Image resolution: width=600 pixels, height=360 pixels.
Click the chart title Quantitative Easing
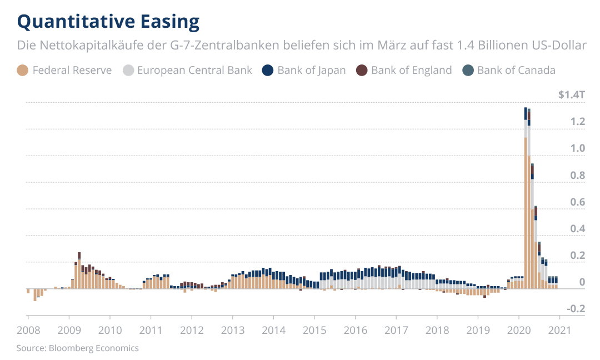(x=108, y=21)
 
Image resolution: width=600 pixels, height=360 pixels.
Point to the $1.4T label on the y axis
(x=572, y=95)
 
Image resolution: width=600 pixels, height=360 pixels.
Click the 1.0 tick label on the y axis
(x=578, y=148)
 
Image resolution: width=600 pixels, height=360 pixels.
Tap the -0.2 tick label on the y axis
(x=576, y=309)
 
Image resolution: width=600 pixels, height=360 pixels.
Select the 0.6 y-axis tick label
(x=578, y=202)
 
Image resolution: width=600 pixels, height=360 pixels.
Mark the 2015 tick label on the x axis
(x=314, y=330)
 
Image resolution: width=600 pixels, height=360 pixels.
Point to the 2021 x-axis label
(x=559, y=330)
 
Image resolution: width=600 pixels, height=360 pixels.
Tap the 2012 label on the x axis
(x=191, y=330)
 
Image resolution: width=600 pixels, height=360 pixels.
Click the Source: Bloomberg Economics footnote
(x=77, y=348)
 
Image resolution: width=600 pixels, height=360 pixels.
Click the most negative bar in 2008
(x=35, y=295)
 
